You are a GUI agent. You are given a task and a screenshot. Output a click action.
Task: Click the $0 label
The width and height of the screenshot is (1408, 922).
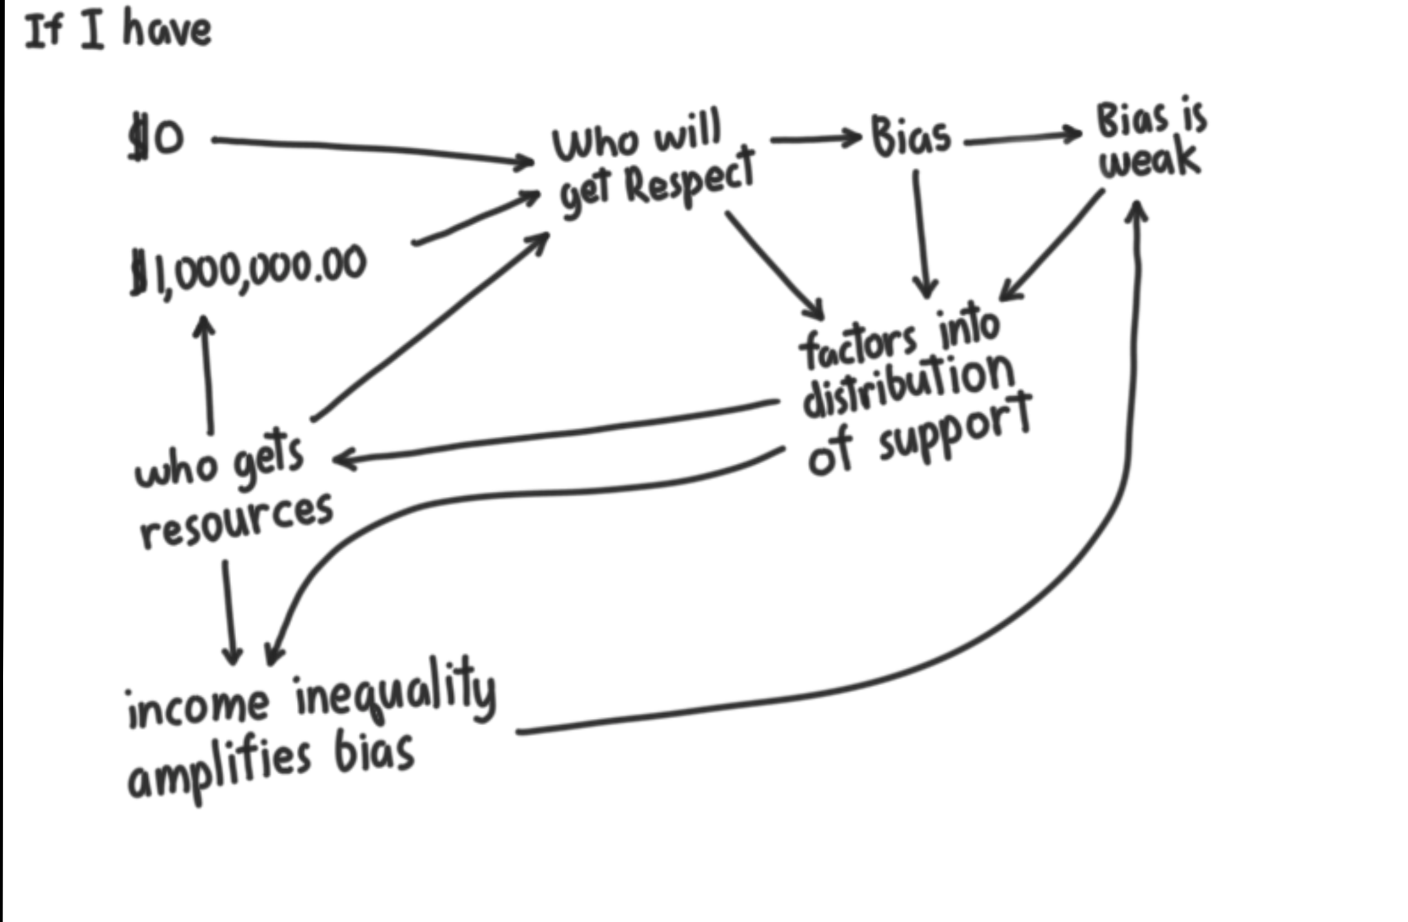(x=157, y=136)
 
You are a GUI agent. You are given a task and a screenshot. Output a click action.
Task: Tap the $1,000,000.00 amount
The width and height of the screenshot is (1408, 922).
(x=248, y=271)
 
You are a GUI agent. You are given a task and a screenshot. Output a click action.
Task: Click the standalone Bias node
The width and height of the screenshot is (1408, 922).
(x=910, y=137)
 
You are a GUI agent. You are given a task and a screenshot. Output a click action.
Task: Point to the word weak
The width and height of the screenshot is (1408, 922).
(x=1150, y=159)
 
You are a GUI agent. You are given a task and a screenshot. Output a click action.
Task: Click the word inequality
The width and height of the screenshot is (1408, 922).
(x=396, y=690)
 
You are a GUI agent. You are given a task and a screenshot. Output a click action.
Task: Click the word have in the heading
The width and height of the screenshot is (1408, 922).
(x=167, y=30)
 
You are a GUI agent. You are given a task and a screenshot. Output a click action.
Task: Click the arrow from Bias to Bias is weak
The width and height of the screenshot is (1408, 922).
(x=1023, y=138)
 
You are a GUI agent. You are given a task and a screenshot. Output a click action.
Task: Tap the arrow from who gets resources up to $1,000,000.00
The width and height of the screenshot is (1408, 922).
(x=207, y=374)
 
